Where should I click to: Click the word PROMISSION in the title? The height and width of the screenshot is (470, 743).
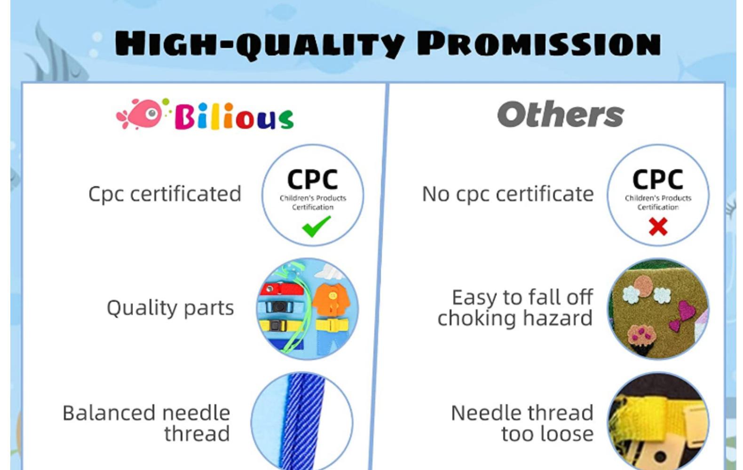click(x=539, y=43)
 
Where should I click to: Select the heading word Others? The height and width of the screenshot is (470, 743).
click(x=560, y=114)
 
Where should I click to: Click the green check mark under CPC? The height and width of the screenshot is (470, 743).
click(x=316, y=226)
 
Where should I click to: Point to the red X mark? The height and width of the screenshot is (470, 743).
click(x=658, y=227)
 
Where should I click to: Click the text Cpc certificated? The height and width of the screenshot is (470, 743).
click(x=165, y=194)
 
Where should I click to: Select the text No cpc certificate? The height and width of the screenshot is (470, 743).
click(x=507, y=194)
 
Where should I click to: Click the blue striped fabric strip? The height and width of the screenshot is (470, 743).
click(x=303, y=421)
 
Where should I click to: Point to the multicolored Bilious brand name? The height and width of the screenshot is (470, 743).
click(x=234, y=116)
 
